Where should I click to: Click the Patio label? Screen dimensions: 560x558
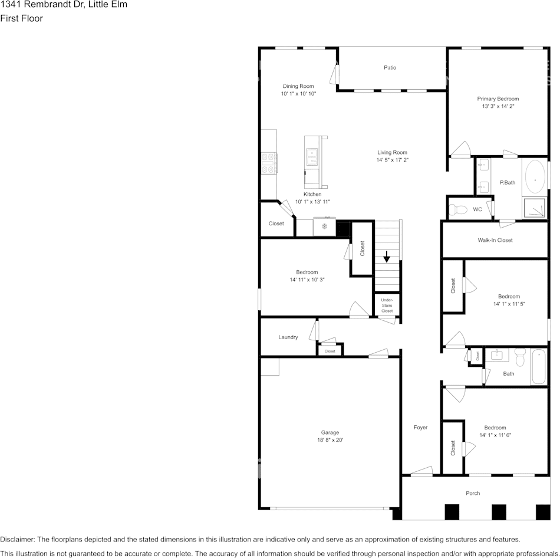click(x=390, y=68)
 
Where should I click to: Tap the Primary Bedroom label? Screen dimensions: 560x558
click(x=498, y=99)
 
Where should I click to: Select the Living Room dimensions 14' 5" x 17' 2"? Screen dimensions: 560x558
click(x=392, y=160)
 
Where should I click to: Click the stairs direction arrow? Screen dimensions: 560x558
click(x=387, y=257)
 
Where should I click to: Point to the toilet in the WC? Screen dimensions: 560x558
click(x=457, y=209)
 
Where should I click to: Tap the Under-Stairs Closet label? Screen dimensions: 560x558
click(x=387, y=306)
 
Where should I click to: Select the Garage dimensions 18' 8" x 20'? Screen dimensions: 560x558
click(x=330, y=440)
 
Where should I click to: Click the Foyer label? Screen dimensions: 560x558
click(x=420, y=427)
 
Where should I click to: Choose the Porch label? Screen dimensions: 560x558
click(x=473, y=493)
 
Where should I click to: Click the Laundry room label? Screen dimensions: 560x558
click(x=288, y=337)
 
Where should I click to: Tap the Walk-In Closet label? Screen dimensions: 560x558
click(x=495, y=240)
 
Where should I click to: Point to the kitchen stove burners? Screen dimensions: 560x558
click(x=269, y=163)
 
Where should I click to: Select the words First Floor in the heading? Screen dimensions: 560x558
click(x=21, y=18)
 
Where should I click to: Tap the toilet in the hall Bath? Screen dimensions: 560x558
click(x=520, y=357)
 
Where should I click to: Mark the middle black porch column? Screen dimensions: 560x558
click(x=499, y=512)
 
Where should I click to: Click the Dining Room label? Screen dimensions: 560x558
click(x=298, y=86)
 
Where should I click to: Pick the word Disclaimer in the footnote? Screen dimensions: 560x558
click(x=17, y=539)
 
